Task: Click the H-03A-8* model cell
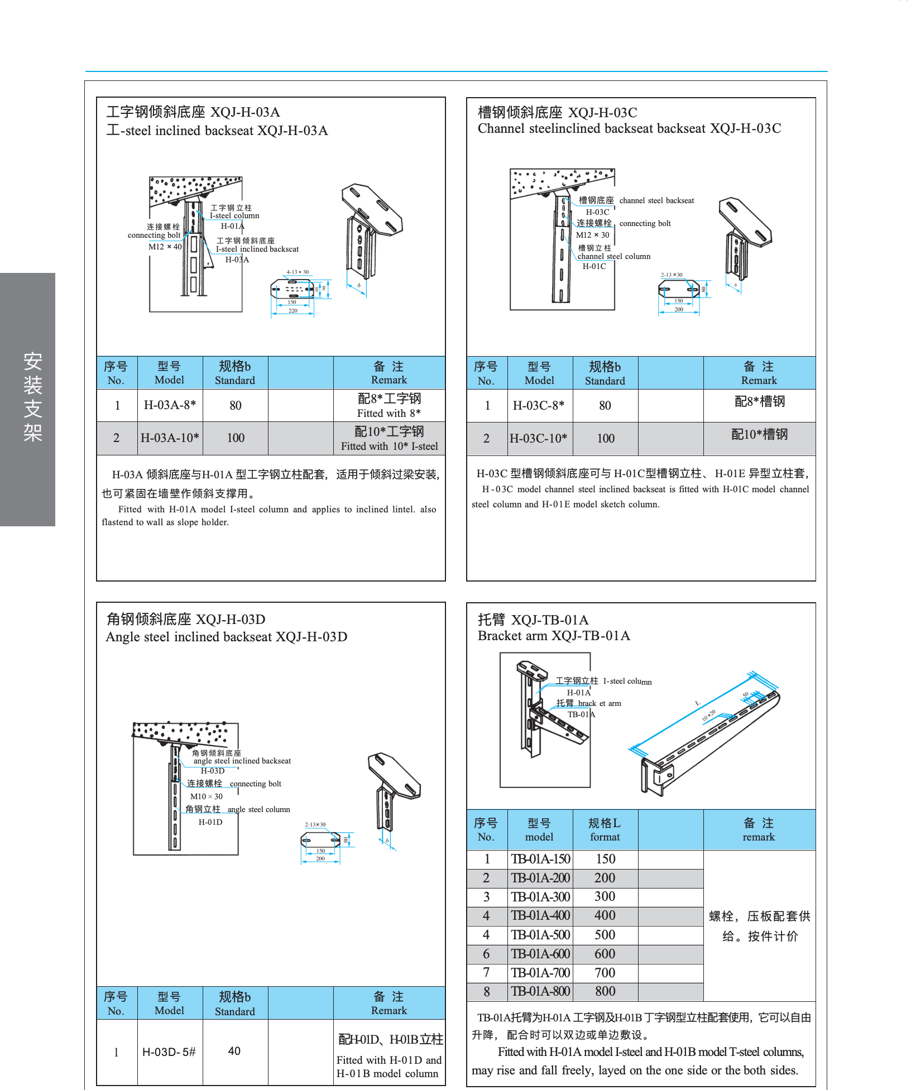(170, 405)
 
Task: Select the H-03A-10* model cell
(170, 438)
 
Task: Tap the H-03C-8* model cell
(539, 406)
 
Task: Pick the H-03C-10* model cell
(539, 439)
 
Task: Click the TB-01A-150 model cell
(540, 859)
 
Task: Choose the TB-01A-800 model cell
(540, 992)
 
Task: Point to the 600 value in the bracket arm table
(605, 954)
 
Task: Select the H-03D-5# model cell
(169, 1052)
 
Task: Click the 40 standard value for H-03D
(234, 1051)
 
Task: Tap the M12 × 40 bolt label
(165, 247)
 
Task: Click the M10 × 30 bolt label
(206, 796)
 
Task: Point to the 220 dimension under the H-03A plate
(293, 311)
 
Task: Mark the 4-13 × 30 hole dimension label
(298, 272)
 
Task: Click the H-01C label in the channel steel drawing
(594, 267)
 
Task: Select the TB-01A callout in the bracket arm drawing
(581, 714)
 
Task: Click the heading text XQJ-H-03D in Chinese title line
(231, 620)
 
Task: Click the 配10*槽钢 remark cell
(759, 434)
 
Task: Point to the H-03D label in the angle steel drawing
(213, 771)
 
